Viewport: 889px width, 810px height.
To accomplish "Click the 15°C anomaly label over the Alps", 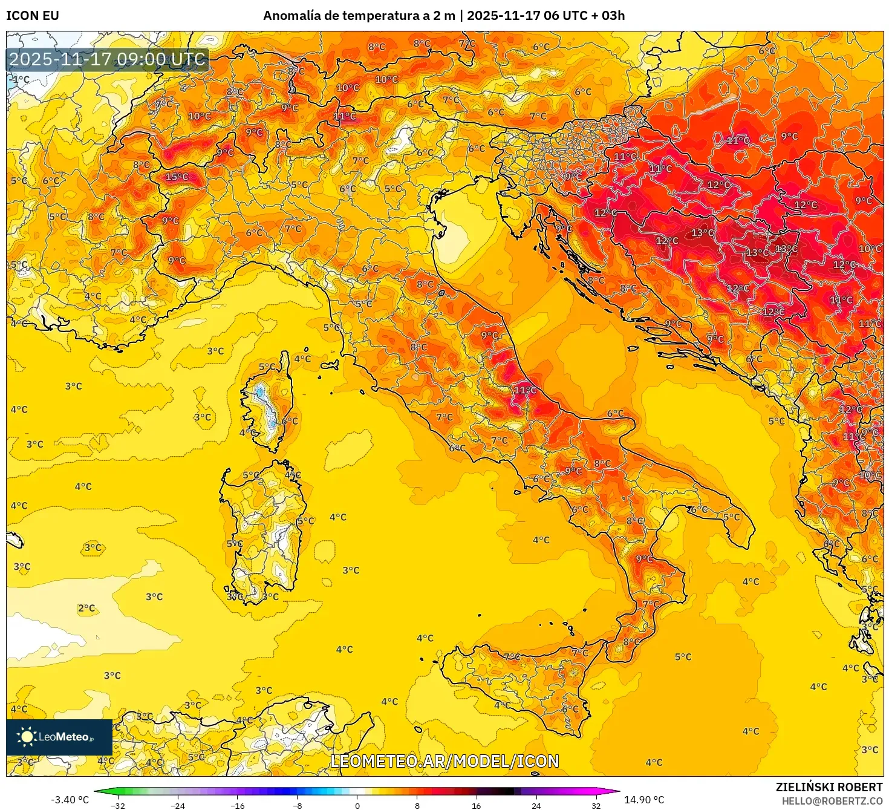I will tap(177, 177).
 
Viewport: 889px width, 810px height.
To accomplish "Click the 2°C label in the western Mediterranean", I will tap(86, 608).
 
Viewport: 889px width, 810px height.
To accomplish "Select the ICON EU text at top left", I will tap(33, 16).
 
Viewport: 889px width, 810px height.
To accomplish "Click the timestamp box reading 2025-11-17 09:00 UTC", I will tap(108, 59).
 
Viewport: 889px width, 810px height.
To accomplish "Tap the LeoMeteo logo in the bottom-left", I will tap(59, 737).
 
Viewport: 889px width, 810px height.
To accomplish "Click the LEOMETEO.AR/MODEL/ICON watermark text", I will tap(444, 761).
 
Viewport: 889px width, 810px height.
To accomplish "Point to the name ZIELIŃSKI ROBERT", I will tap(829, 787).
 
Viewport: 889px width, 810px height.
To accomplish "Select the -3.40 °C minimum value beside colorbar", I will tap(70, 800).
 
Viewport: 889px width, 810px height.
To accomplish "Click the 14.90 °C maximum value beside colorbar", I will tap(644, 800).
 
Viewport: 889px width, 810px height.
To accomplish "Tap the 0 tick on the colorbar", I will tap(357, 806).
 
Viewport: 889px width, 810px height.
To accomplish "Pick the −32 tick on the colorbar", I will tap(118, 806).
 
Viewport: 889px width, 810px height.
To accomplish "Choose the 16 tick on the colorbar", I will tap(477, 806).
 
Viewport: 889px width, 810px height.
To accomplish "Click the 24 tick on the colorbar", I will tap(536, 806).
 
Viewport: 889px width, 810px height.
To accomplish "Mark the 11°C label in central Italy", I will tap(524, 390).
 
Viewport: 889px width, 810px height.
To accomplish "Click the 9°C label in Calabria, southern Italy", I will tap(644, 558).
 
